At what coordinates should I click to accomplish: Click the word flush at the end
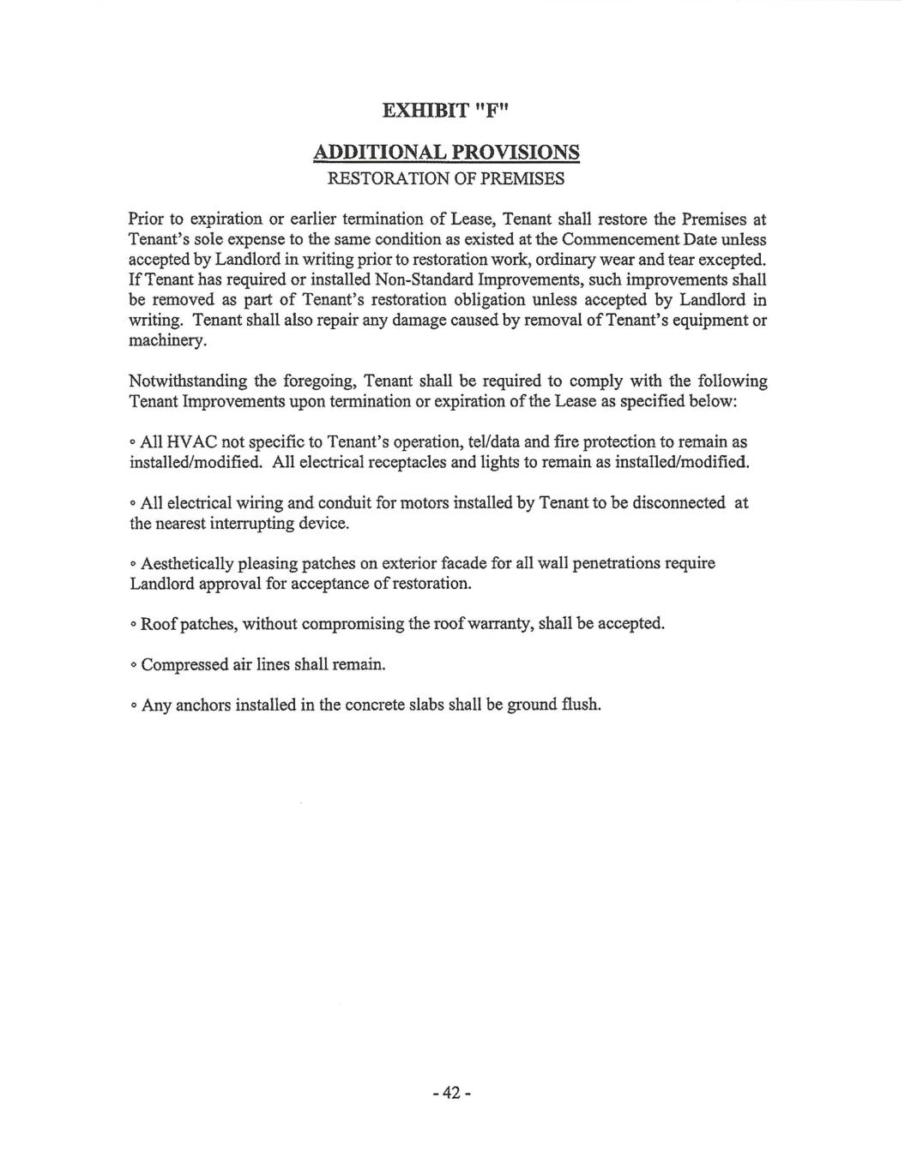tap(580, 705)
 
